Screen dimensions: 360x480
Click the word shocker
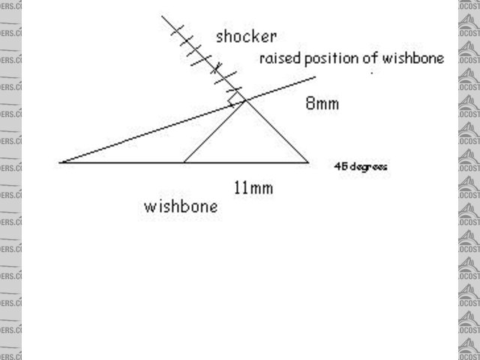point(246,36)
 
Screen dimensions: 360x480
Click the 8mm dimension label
point(322,103)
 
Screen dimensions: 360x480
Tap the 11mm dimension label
point(253,187)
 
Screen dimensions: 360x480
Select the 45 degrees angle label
point(360,166)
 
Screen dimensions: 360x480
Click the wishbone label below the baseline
point(181,206)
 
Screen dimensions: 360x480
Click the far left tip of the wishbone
point(60,162)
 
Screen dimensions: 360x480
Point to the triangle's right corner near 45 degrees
point(307,161)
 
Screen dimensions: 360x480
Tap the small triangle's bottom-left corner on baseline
point(184,161)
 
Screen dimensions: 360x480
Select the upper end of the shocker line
point(163,16)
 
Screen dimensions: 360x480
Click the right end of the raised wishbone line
point(315,76)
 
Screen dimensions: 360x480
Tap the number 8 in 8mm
point(310,103)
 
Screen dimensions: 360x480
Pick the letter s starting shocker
point(220,36)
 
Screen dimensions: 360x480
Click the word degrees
point(367,166)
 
